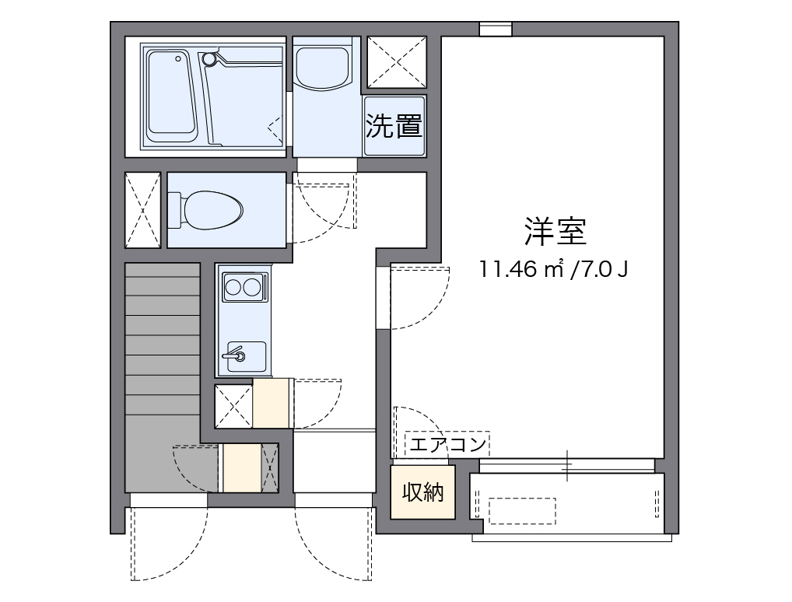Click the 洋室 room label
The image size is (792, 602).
click(555, 230)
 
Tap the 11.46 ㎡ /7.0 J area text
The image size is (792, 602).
click(554, 270)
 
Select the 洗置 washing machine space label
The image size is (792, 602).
click(394, 126)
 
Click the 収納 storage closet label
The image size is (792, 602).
click(422, 492)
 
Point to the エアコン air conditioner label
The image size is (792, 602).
click(447, 445)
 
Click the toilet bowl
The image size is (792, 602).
click(212, 209)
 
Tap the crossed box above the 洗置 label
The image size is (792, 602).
click(396, 63)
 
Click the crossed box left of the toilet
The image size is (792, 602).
click(143, 209)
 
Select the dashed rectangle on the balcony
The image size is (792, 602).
click(521, 510)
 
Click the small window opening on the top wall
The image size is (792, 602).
click(495, 30)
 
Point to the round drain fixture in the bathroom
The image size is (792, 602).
click(208, 58)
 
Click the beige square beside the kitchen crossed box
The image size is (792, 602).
click(272, 403)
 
